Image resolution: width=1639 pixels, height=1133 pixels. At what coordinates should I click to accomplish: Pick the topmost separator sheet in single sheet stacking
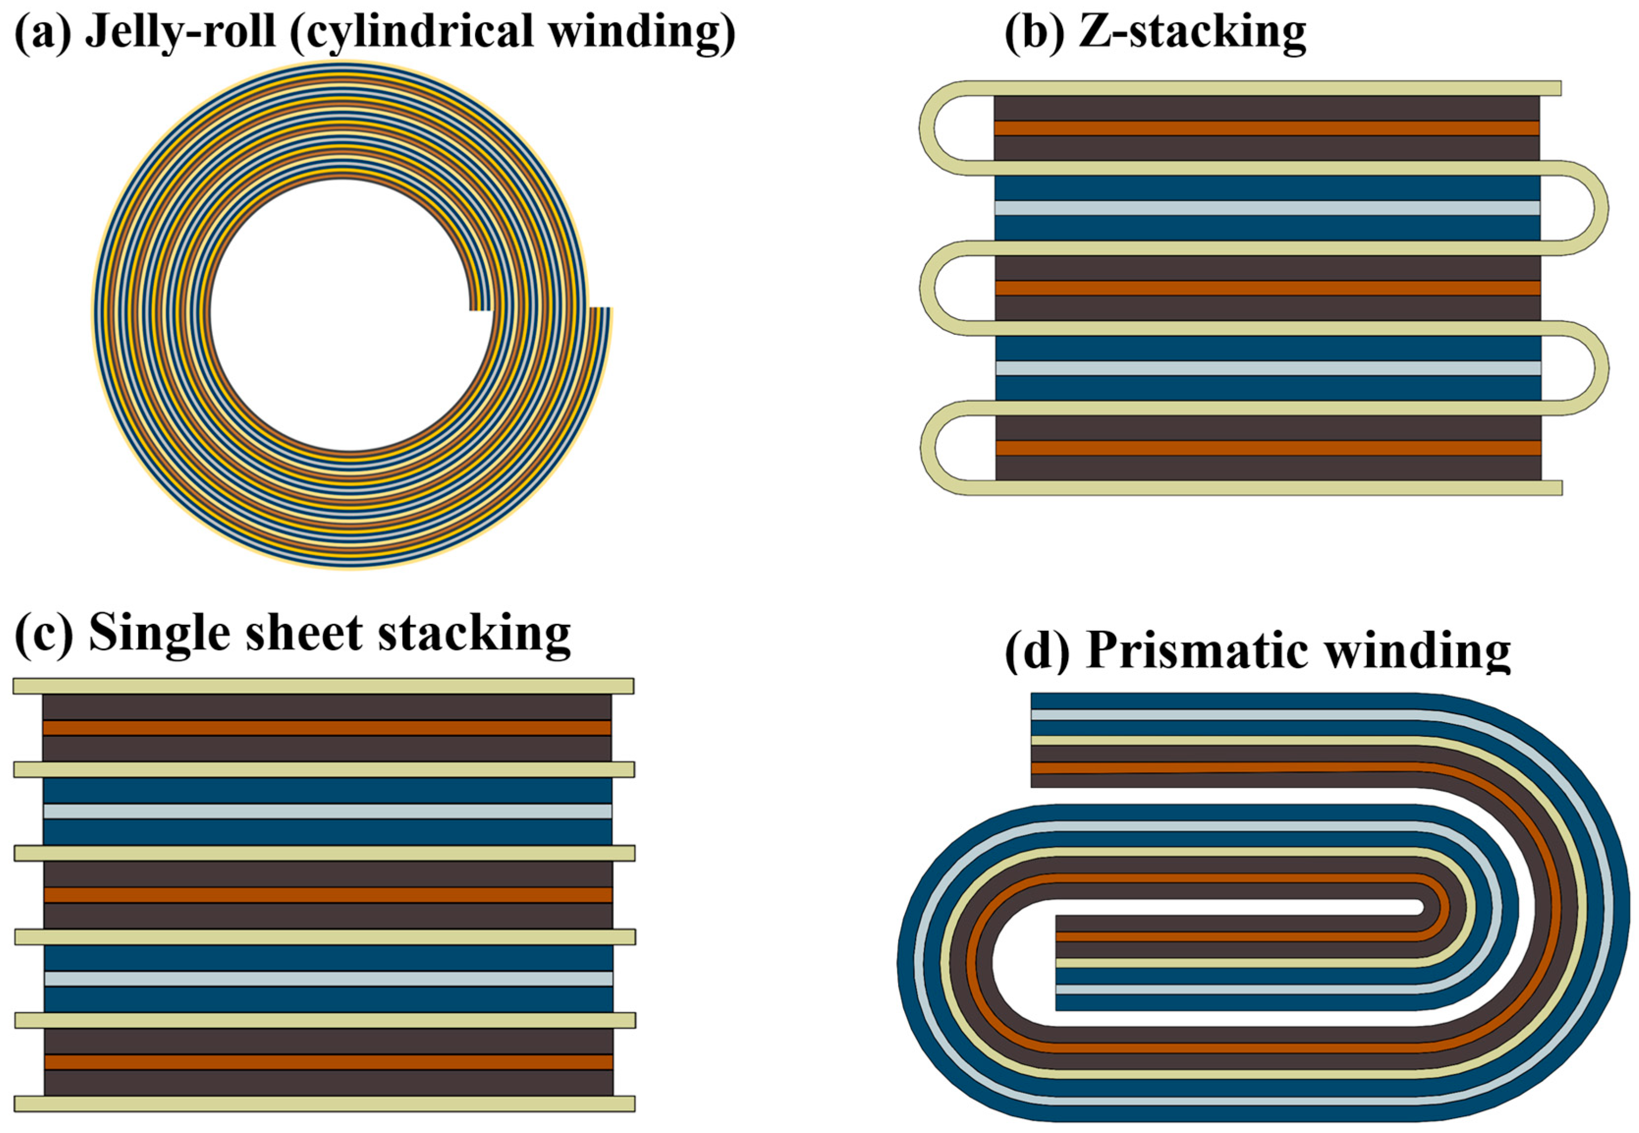tap(323, 686)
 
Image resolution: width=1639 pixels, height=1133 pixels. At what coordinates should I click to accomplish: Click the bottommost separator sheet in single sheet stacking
tap(323, 1103)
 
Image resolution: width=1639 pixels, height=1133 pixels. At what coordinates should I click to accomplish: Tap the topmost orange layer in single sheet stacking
tap(326, 728)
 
